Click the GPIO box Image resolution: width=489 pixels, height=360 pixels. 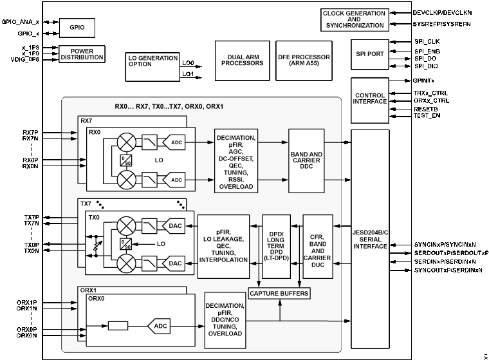pyautogui.click(x=77, y=28)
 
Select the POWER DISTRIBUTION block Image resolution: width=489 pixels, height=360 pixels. pyautogui.click(x=82, y=54)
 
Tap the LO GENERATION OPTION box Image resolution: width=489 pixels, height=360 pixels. pyautogui.click(x=152, y=67)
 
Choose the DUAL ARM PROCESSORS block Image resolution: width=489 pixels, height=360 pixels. pyautogui.click(x=242, y=61)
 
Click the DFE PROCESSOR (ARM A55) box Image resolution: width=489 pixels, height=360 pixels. pyautogui.click(x=304, y=61)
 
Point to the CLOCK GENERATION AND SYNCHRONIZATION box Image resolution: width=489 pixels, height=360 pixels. pyautogui.click(x=354, y=20)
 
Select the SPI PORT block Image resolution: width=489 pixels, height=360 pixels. pyautogui.click(x=370, y=54)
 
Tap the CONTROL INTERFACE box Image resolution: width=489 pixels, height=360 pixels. pyautogui.click(x=370, y=100)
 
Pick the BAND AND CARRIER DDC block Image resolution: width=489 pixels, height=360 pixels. pyautogui.click(x=306, y=160)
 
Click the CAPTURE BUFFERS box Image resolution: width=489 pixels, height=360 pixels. pyautogui.click(x=279, y=294)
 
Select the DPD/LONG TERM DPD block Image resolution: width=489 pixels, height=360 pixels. pyautogui.click(x=276, y=246)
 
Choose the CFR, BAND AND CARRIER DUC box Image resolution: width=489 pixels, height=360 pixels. pyautogui.click(x=318, y=247)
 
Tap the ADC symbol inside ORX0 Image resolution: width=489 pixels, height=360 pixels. pyautogui.click(x=159, y=327)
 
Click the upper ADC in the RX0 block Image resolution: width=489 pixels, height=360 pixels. pyautogui.click(x=175, y=141)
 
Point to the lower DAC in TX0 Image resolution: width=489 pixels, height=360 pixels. pyautogui.click(x=175, y=263)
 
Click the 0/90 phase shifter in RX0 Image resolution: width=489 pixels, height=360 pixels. pyautogui.click(x=126, y=160)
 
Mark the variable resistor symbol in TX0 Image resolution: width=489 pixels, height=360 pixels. pyautogui.click(x=97, y=245)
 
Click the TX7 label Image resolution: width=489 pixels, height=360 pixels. pyautogui.click(x=86, y=204)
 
